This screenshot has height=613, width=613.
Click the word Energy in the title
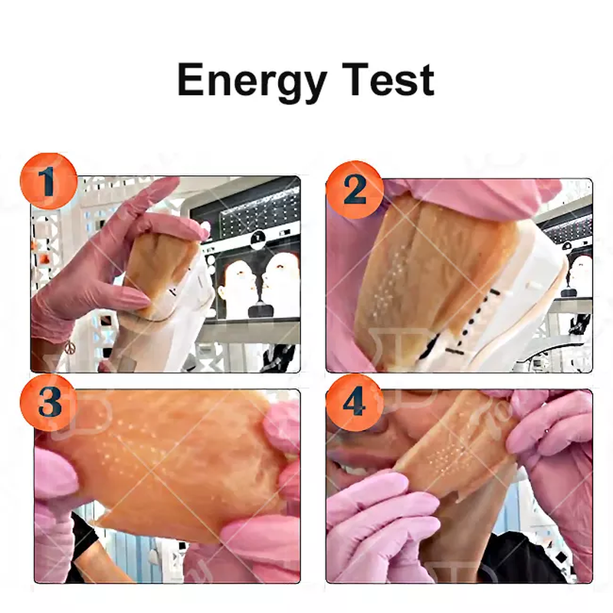[252, 82]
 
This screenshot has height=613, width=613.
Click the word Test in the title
[388, 80]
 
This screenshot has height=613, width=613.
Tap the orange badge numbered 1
[48, 182]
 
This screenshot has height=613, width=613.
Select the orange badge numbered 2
[355, 189]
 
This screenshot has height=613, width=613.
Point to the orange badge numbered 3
[48, 403]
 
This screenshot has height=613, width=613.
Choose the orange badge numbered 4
[355, 403]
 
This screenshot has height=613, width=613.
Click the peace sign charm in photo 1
[69, 347]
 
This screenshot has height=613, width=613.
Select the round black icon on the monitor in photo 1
[257, 238]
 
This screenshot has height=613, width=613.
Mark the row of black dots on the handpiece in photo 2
[475, 317]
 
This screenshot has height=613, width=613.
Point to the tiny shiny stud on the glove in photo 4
[547, 431]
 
